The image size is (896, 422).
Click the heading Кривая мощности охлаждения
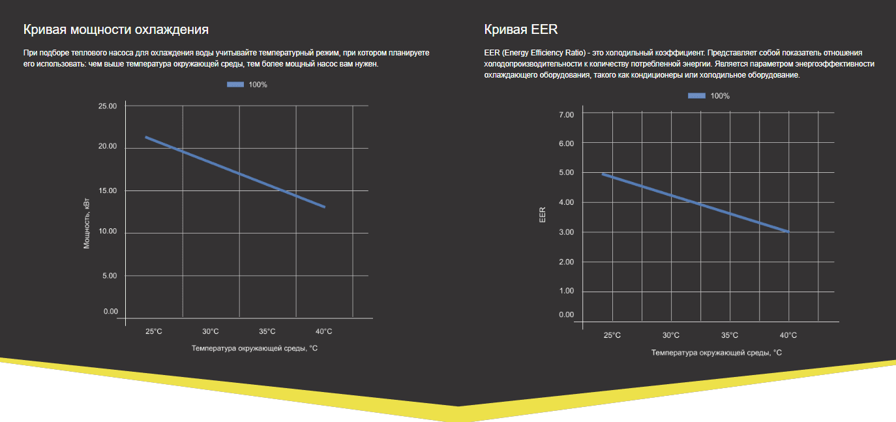(116, 29)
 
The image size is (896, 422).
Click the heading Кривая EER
(520, 29)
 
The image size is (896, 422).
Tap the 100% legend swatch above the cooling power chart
(235, 85)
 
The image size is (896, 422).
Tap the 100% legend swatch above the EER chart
(696, 96)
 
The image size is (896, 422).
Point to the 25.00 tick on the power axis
(107, 106)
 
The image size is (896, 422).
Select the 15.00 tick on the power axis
(107, 191)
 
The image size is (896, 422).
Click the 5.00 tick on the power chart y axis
(109, 276)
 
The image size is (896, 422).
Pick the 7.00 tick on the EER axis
(566, 115)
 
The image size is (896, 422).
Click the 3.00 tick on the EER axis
(566, 232)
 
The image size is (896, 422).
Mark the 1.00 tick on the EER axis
(566, 292)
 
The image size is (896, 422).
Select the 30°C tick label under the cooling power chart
(210, 331)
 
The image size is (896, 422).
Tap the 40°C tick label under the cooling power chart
(323, 331)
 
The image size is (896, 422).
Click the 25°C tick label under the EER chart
(612, 335)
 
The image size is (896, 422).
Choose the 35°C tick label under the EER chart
(730, 335)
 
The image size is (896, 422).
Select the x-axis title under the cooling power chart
(254, 348)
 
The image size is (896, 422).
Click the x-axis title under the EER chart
(716, 352)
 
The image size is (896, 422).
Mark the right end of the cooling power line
(325, 207)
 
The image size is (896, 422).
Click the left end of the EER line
(603, 174)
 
